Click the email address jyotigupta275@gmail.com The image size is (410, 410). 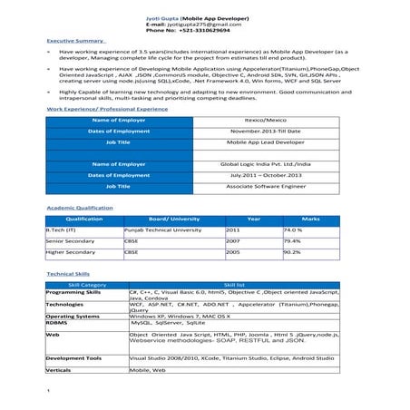click(206, 24)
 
